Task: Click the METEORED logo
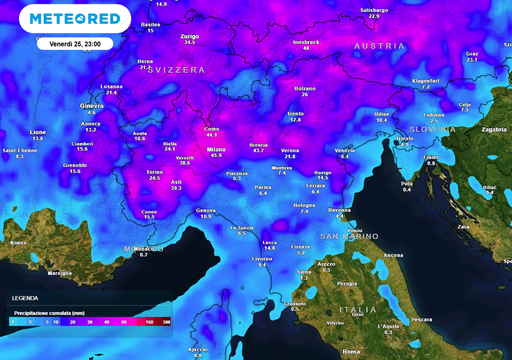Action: pyautogui.click(x=75, y=19)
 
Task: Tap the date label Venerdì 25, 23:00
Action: pyautogui.click(x=75, y=44)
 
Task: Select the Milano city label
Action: pyautogui.click(x=216, y=149)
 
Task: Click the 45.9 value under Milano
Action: pyautogui.click(x=216, y=155)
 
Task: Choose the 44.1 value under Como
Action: pyautogui.click(x=211, y=135)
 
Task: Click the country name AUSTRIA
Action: pyautogui.click(x=379, y=46)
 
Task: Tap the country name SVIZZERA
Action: pyautogui.click(x=176, y=70)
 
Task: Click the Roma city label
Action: pyautogui.click(x=351, y=351)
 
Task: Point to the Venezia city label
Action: pyautogui.click(x=344, y=150)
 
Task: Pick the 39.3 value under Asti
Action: pyautogui.click(x=176, y=188)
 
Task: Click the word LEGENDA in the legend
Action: pyautogui.click(x=25, y=298)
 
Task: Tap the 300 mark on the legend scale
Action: pyautogui.click(x=166, y=322)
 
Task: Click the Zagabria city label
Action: pyautogui.click(x=493, y=129)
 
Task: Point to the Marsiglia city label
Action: pyautogui.click(x=59, y=273)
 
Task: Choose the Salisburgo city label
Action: pyautogui.click(x=374, y=10)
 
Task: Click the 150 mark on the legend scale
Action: pyautogui.click(x=148, y=322)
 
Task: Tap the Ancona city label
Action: pyautogui.click(x=393, y=255)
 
